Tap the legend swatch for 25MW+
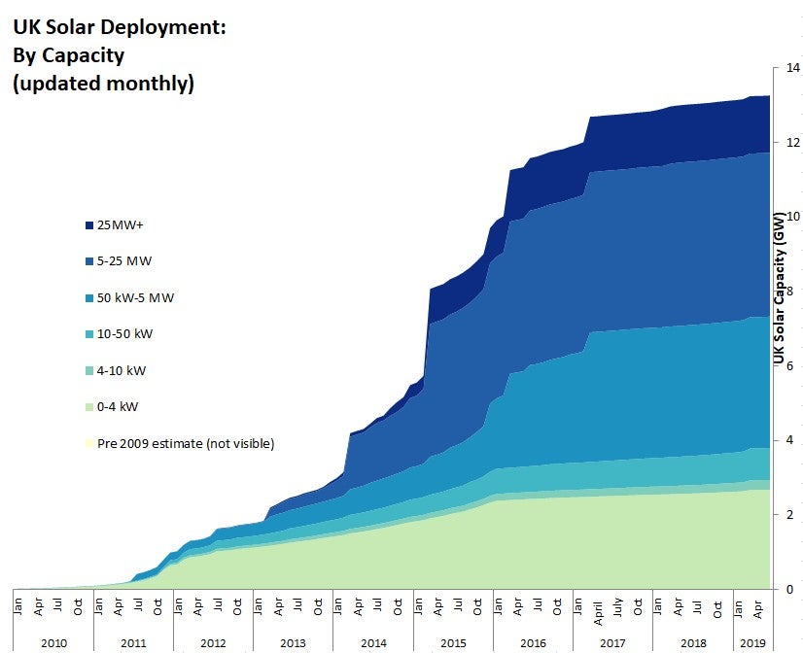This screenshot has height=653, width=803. (89, 225)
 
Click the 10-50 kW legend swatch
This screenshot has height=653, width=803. (89, 334)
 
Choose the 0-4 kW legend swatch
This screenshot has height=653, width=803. (89, 407)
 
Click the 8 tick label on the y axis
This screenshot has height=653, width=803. (790, 292)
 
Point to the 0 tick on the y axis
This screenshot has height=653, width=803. (790, 589)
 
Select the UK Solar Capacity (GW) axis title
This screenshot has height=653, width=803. (779, 289)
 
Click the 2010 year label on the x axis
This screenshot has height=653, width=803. (53, 643)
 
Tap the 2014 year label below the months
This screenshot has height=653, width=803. (373, 643)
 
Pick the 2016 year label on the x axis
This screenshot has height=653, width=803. (533, 643)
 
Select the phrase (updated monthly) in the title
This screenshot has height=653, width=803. (103, 84)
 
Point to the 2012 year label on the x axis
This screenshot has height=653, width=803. (213, 643)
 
